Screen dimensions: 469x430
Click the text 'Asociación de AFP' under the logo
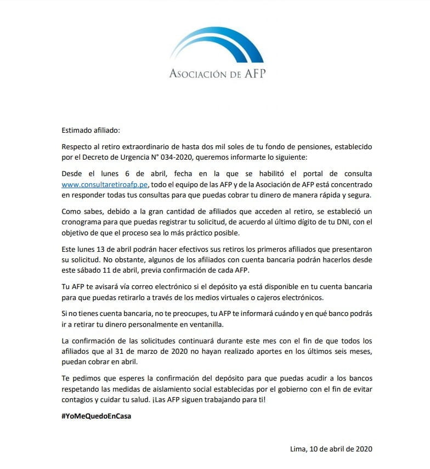(x=217, y=74)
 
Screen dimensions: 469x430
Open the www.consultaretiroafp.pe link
(x=104, y=186)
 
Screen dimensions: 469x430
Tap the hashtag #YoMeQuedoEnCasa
(x=96, y=416)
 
